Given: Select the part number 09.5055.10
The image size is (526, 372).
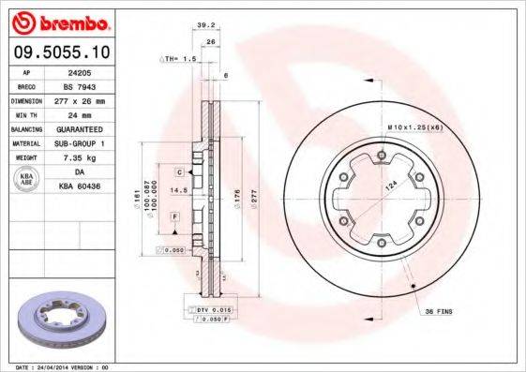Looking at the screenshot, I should [62, 53].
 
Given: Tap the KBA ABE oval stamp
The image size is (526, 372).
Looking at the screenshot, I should [26, 180].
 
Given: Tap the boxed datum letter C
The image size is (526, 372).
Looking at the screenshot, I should [178, 172].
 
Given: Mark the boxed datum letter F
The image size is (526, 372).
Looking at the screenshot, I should [174, 216].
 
